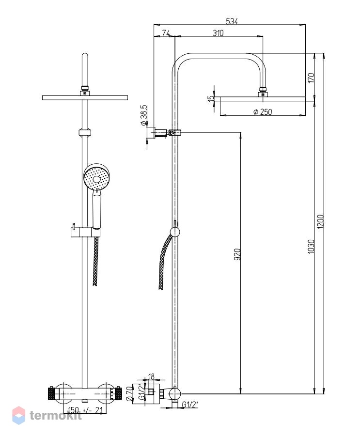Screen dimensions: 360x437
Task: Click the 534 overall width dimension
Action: (x=232, y=21)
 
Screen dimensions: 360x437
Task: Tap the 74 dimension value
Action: (x=166, y=33)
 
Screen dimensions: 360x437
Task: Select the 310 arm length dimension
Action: (x=218, y=33)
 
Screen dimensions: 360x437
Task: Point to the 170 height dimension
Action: (x=311, y=78)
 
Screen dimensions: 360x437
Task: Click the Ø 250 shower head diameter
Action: (x=263, y=112)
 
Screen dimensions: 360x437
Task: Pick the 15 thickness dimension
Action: (x=211, y=98)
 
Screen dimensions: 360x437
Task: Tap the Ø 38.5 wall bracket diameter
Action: (x=144, y=115)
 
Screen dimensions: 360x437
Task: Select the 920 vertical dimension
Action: (x=237, y=254)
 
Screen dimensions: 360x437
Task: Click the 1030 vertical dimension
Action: (x=311, y=247)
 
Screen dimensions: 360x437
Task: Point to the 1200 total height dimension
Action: (x=321, y=221)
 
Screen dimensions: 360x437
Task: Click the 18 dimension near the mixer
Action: (x=151, y=376)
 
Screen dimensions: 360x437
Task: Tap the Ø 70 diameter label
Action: (x=129, y=393)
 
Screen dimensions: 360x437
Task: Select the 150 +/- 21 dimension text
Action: (x=85, y=410)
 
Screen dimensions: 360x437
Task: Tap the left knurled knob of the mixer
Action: (x=51, y=394)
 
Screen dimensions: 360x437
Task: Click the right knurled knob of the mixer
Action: (x=118, y=394)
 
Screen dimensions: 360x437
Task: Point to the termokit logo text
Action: (x=56, y=416)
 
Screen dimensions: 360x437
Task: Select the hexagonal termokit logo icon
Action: (x=19, y=415)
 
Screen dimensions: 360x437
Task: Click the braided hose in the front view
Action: (x=95, y=261)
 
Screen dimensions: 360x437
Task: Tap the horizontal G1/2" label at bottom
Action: (x=190, y=404)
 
